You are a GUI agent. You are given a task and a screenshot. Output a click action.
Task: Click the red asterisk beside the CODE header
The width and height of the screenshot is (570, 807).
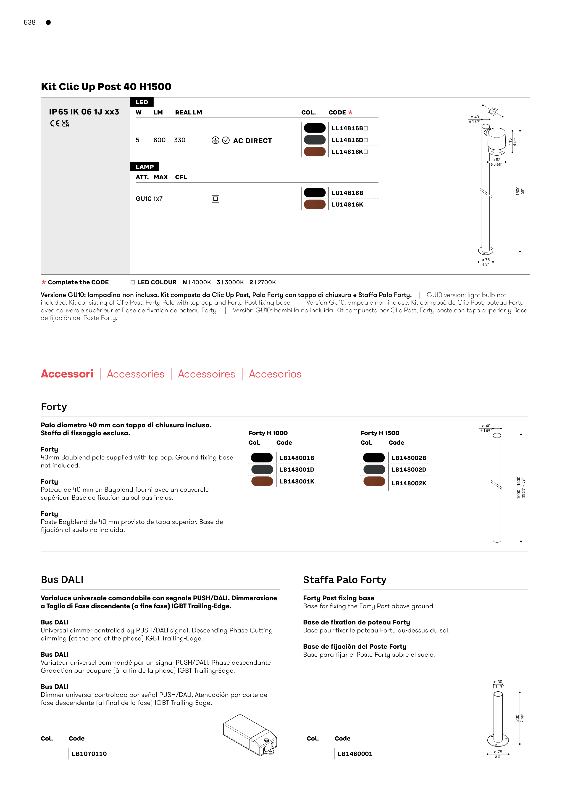(350, 112)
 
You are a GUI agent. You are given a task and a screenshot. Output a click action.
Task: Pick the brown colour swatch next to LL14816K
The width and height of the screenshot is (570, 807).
(315, 152)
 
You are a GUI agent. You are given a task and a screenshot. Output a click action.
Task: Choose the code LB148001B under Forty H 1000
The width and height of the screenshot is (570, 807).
(297, 458)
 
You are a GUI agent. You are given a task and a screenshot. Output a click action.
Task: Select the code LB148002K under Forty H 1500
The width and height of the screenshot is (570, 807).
(409, 483)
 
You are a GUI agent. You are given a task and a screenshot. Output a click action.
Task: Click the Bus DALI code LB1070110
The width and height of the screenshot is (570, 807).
(89, 754)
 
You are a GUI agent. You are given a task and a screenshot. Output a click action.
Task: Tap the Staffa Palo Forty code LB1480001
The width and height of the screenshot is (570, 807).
(355, 754)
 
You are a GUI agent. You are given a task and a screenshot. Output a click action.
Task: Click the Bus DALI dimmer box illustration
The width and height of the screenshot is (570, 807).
(250, 734)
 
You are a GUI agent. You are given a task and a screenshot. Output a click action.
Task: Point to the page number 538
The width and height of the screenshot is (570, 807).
(29, 22)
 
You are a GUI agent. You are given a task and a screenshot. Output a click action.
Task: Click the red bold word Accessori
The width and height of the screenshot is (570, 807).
(67, 374)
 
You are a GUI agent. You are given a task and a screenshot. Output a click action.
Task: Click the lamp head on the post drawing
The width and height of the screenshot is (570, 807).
(496, 141)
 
